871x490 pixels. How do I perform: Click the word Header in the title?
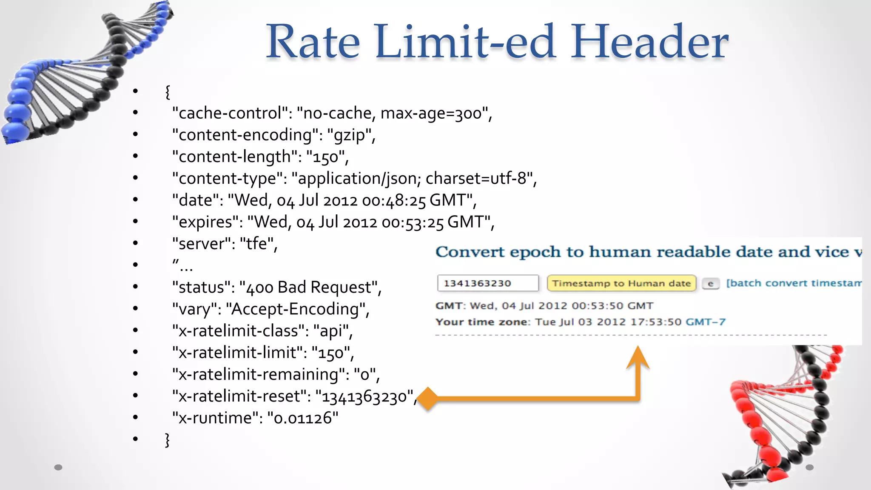click(x=649, y=42)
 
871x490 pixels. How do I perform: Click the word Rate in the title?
click(x=313, y=42)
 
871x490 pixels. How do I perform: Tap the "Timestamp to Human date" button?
click(x=621, y=283)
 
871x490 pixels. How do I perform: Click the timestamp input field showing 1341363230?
click(x=487, y=283)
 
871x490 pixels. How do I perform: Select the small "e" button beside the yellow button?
click(x=710, y=284)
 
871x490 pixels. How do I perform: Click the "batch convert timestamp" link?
click(x=794, y=283)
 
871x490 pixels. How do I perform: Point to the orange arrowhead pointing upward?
click(x=638, y=357)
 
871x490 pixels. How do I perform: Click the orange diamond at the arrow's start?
click(x=428, y=399)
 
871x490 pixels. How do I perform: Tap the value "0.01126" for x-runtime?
click(x=302, y=418)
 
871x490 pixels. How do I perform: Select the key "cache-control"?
click(x=230, y=113)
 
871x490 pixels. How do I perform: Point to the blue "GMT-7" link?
click(x=706, y=322)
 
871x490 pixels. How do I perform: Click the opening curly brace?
click(x=168, y=91)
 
